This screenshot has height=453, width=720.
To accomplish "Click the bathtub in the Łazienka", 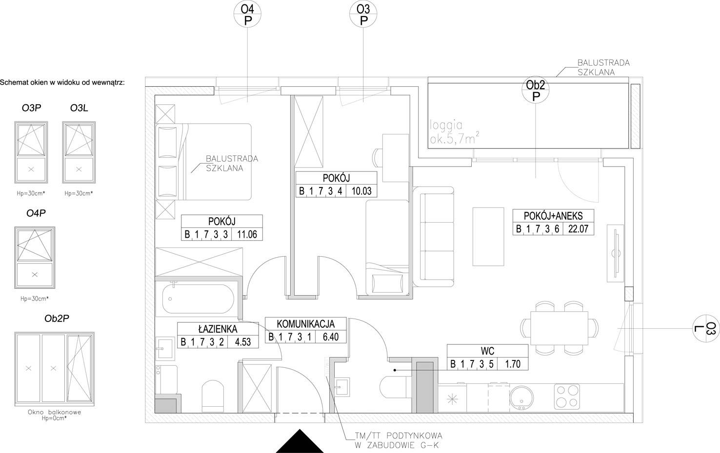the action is coord(199,299).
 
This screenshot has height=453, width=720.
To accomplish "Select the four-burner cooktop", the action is coord(567,396).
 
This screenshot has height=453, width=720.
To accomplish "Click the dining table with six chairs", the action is coord(560,328).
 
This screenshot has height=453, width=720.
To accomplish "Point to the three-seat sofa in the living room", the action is coord(434,237).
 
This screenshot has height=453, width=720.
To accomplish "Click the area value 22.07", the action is coord(578,229).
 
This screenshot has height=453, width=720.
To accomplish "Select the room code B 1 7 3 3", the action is coord(206,234).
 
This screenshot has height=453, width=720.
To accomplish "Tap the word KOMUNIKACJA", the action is coord(305,324).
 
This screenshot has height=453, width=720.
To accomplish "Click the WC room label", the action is coord(487,351).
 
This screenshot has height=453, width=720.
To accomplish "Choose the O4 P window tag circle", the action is coord(247,14).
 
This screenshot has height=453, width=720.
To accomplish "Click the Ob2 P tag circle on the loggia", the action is coord(535,90).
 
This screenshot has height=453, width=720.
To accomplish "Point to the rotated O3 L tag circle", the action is coord(706,328).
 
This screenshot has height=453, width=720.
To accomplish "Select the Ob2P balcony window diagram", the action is coord(54,369).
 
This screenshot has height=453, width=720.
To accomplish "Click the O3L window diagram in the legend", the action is coord(79,152).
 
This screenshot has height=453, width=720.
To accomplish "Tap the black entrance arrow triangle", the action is coord(300,441).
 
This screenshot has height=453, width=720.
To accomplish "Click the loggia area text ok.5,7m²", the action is coord(454,139).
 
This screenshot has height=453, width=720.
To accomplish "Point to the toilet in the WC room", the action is coord(395,387).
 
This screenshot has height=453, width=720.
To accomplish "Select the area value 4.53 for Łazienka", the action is coord(242,342).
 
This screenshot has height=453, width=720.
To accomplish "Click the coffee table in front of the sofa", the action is coord(488,237).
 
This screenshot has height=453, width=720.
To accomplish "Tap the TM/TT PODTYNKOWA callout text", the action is coord(399,435).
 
